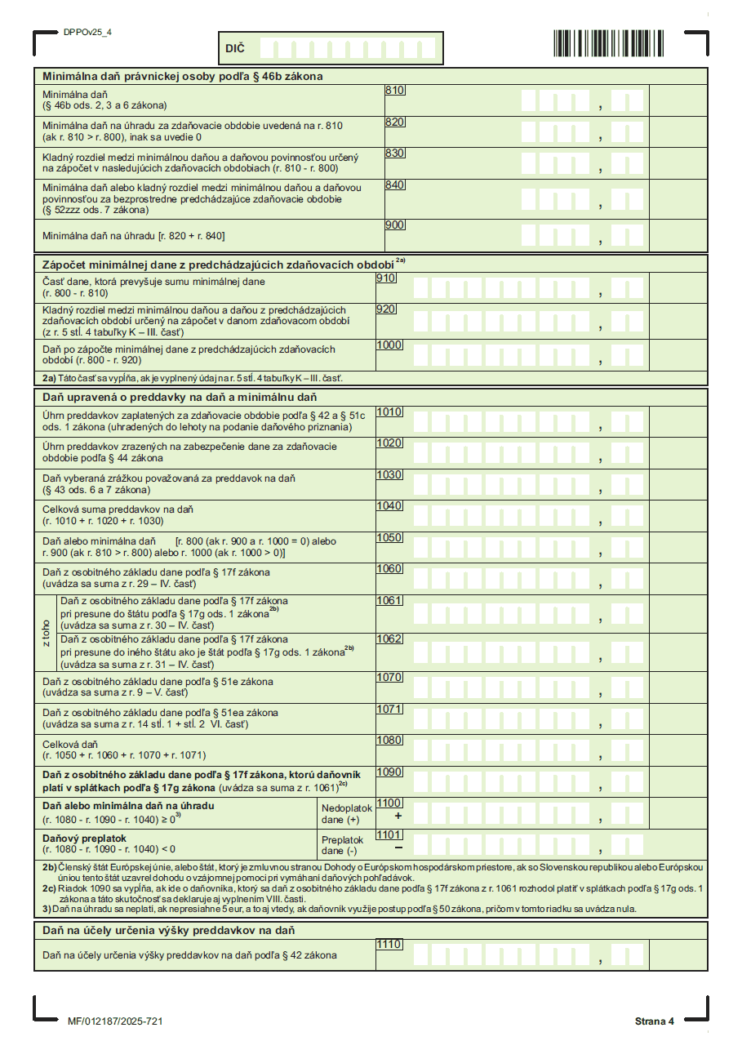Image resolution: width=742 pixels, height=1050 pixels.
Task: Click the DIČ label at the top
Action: click(234, 50)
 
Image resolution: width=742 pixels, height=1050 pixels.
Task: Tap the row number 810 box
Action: click(395, 90)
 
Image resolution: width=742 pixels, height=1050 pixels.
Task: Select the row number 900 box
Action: click(395, 225)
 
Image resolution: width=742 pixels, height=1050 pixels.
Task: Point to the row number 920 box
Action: click(386, 309)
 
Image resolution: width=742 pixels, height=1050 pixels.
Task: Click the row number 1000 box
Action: click(389, 345)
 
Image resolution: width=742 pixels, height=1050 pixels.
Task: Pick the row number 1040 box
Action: click(389, 505)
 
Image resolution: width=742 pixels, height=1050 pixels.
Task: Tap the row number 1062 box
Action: click(389, 638)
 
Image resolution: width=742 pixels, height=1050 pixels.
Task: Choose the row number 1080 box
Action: click(389, 741)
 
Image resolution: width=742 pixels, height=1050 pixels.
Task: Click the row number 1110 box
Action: click(389, 944)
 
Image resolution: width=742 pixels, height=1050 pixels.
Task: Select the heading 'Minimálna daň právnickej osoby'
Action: click(183, 76)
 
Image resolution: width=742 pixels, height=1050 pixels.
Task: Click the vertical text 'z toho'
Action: click(47, 632)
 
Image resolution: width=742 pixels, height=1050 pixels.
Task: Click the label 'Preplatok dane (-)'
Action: click(342, 844)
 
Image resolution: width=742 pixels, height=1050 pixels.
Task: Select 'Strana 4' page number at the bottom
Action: click(655, 1021)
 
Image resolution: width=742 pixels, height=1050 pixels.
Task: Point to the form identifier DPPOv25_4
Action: click(87, 33)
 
